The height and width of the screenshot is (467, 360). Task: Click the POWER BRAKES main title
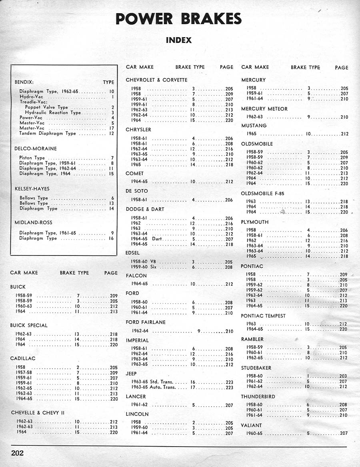click(179, 18)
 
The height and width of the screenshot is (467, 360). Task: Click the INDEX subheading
click(179, 40)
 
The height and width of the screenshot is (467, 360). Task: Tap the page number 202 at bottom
click(17, 453)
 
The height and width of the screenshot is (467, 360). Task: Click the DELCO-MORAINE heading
click(36, 148)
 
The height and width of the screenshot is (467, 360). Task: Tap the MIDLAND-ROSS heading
click(33, 222)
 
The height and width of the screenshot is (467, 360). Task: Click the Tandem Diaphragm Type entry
click(47, 134)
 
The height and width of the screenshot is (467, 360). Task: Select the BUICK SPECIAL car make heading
click(29, 325)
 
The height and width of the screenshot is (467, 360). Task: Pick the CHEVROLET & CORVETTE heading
click(156, 80)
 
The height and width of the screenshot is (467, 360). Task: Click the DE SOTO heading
click(137, 191)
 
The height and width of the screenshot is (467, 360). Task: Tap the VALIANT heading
click(252, 425)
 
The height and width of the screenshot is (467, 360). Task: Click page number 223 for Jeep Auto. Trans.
click(229, 387)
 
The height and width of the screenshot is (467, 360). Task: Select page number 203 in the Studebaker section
click(343, 376)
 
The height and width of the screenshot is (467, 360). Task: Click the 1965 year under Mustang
click(252, 134)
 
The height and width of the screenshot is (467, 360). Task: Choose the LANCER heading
click(136, 397)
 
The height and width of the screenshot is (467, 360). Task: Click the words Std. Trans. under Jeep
click(162, 382)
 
